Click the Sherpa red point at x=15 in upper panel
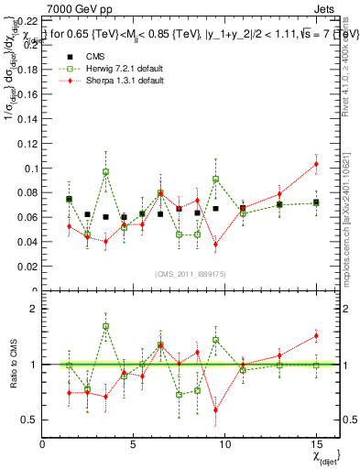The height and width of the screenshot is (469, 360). tap(316, 164)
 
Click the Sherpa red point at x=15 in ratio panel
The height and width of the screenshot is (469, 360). tap(316, 335)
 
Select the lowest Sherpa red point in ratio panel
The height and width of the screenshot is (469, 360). tap(215, 410)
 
